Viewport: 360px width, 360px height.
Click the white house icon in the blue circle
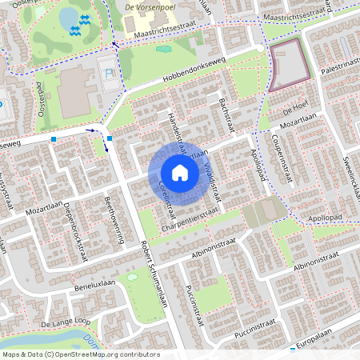click(x=179, y=172)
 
